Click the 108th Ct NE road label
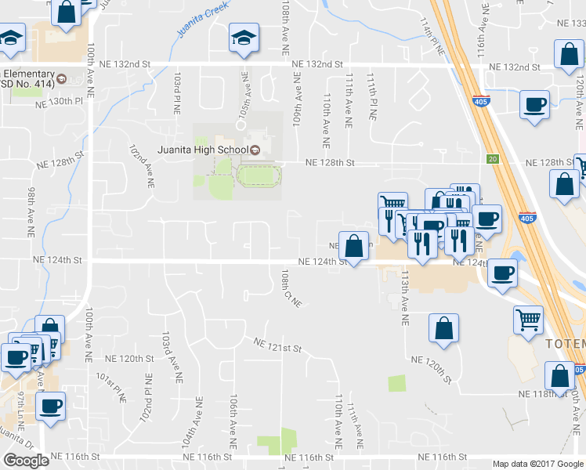click(291, 288)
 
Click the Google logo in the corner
click(26, 461)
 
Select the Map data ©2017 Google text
click(537, 464)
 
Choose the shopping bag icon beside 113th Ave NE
click(443, 329)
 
